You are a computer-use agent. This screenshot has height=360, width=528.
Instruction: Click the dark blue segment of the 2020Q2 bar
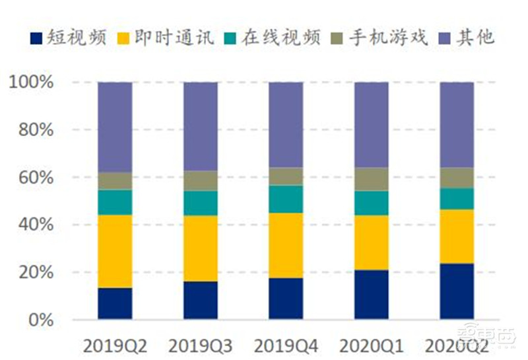coord(457,291)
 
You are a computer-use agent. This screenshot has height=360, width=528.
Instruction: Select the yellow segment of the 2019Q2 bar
coord(115,251)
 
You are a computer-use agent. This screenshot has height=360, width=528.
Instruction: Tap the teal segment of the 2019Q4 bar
coord(286,199)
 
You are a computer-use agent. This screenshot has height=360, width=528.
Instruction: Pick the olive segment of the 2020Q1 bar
coord(372,179)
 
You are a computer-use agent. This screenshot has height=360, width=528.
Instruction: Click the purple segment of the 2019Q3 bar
coord(200,126)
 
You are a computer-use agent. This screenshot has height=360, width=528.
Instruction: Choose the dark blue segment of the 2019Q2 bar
coord(115,303)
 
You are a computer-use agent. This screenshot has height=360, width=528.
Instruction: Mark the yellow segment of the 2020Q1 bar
coord(372,242)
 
